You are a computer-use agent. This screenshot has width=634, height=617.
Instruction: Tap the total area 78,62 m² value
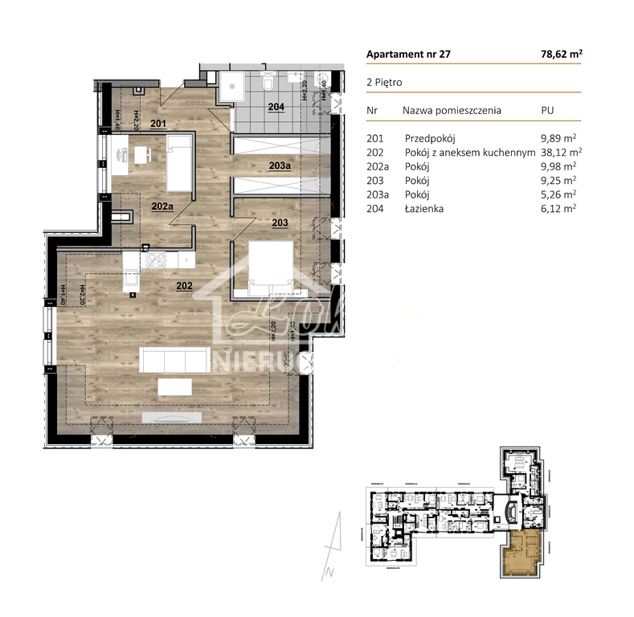tap(562, 55)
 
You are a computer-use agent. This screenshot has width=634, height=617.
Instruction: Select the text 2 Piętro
tap(384, 82)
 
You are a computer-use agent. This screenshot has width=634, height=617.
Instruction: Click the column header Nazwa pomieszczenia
tap(452, 110)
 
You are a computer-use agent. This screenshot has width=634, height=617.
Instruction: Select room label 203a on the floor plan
tap(280, 166)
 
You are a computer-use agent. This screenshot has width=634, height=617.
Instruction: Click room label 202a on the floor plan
tap(162, 206)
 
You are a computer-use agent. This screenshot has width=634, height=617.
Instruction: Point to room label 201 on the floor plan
tap(157, 124)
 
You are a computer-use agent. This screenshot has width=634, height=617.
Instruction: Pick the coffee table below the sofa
tap(174, 387)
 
